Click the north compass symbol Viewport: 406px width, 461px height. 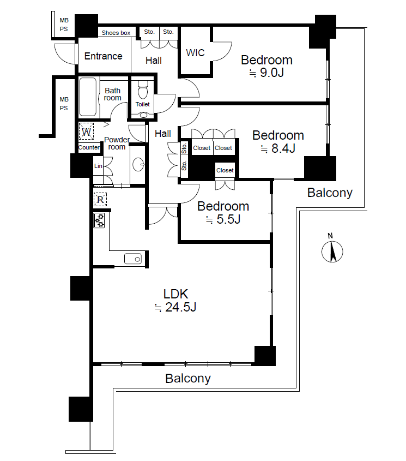click(332, 252)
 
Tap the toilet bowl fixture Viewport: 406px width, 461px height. click(143, 90)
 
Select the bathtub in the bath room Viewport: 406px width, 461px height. click(88, 97)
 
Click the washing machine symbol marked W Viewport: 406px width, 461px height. click(86, 131)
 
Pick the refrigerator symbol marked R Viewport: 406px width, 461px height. click(100, 200)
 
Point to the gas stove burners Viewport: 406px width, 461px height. click(99, 220)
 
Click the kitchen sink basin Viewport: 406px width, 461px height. click(133, 259)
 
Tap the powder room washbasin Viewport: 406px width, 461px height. click(138, 165)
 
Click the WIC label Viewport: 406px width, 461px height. click(195, 53)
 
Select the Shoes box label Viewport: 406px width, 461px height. click(116, 33)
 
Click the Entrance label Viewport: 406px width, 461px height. click(104, 56)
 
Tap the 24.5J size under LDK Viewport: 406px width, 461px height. click(175, 307)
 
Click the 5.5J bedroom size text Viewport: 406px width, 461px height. click(223, 219)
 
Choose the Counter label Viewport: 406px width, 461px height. click(89, 147)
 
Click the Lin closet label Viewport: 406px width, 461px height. click(98, 166)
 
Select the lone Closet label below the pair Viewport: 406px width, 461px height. click(225, 170)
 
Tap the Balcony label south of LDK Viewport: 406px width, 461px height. click(188, 379)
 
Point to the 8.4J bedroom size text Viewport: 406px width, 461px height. click(278, 148)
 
